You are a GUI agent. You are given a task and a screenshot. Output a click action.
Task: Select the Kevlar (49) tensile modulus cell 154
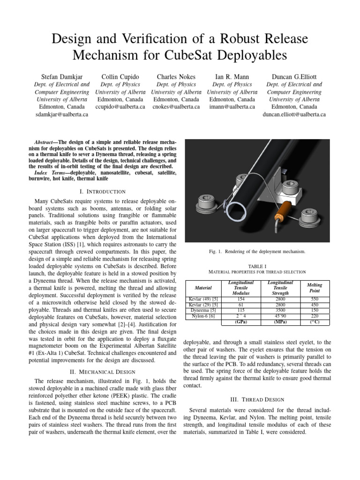tap(241, 298)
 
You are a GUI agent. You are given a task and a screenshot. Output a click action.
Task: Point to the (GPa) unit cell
tap(241, 322)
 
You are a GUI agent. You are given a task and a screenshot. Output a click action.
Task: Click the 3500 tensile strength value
tap(280, 310)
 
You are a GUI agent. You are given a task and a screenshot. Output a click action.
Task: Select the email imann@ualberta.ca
tap(232, 106)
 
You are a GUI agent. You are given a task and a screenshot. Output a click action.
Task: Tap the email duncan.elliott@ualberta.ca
tap(294, 114)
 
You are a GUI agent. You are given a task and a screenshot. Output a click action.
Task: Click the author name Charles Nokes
tap(176, 76)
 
